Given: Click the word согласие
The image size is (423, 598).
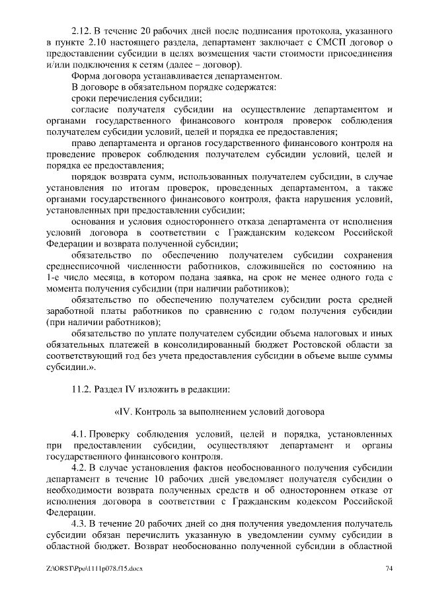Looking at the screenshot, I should point(93,109).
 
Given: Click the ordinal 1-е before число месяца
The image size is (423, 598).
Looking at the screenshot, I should point(54,278).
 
